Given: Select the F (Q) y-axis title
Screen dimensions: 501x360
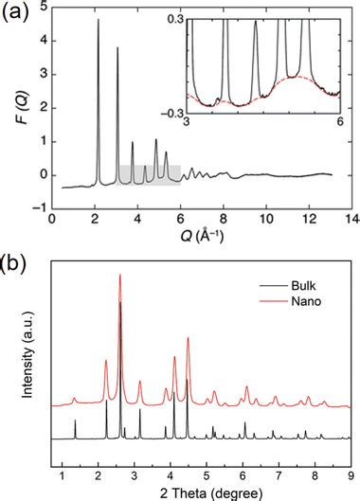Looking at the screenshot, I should point(12,113).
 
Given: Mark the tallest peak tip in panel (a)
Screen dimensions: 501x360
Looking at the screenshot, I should point(98,20).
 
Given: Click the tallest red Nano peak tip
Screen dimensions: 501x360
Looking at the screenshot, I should point(120,276).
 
